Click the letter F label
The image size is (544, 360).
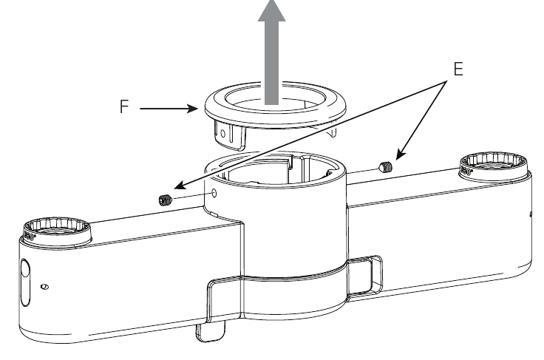(125, 107)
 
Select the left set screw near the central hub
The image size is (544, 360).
(166, 198)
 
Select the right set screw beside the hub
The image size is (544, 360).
(384, 167)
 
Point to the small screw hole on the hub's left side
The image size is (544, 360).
(214, 193)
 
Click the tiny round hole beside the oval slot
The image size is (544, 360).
(44, 285)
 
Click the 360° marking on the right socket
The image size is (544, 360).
(465, 171)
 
